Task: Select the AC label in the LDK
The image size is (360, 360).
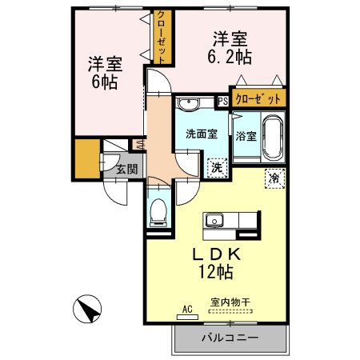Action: point(187,308)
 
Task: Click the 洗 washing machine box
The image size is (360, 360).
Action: point(216,167)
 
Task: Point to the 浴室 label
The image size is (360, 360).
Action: point(246,136)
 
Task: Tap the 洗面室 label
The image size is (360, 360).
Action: point(202,134)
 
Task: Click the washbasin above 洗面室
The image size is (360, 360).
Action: point(190,103)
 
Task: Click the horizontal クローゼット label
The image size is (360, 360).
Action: point(258,99)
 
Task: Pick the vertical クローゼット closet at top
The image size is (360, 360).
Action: point(161,37)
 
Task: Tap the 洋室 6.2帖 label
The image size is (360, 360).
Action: point(230,46)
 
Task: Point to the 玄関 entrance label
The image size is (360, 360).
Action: point(126,169)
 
